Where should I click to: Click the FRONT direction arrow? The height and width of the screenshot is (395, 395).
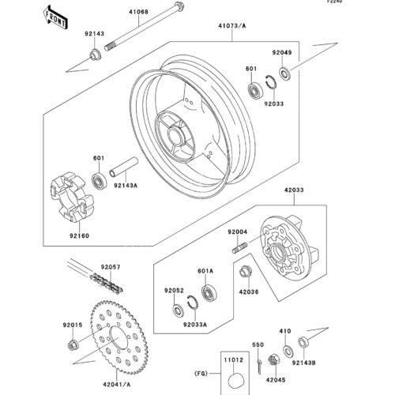(55, 17)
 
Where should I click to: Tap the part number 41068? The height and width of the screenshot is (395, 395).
(138, 12)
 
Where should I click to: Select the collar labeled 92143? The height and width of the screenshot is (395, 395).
(95, 55)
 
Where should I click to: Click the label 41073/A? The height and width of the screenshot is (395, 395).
(231, 26)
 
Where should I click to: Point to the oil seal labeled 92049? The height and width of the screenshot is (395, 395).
(284, 73)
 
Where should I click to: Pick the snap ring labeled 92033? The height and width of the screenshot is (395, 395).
(271, 82)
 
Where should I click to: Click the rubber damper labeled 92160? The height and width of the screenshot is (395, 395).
(72, 196)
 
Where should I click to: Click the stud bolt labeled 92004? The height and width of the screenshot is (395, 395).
(240, 247)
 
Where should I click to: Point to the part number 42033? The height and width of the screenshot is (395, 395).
(294, 190)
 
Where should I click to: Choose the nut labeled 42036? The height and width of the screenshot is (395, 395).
(246, 272)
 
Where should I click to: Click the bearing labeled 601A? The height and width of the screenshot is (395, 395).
(209, 292)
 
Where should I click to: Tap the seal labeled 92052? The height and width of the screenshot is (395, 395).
(179, 310)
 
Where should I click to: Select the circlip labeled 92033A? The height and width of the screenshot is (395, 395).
(193, 303)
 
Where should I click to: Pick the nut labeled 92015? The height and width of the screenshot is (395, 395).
(73, 344)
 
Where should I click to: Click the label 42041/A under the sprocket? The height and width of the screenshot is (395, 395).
(117, 385)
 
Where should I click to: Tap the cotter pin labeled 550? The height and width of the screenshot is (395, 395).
(259, 366)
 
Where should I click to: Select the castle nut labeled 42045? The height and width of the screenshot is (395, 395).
(274, 359)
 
